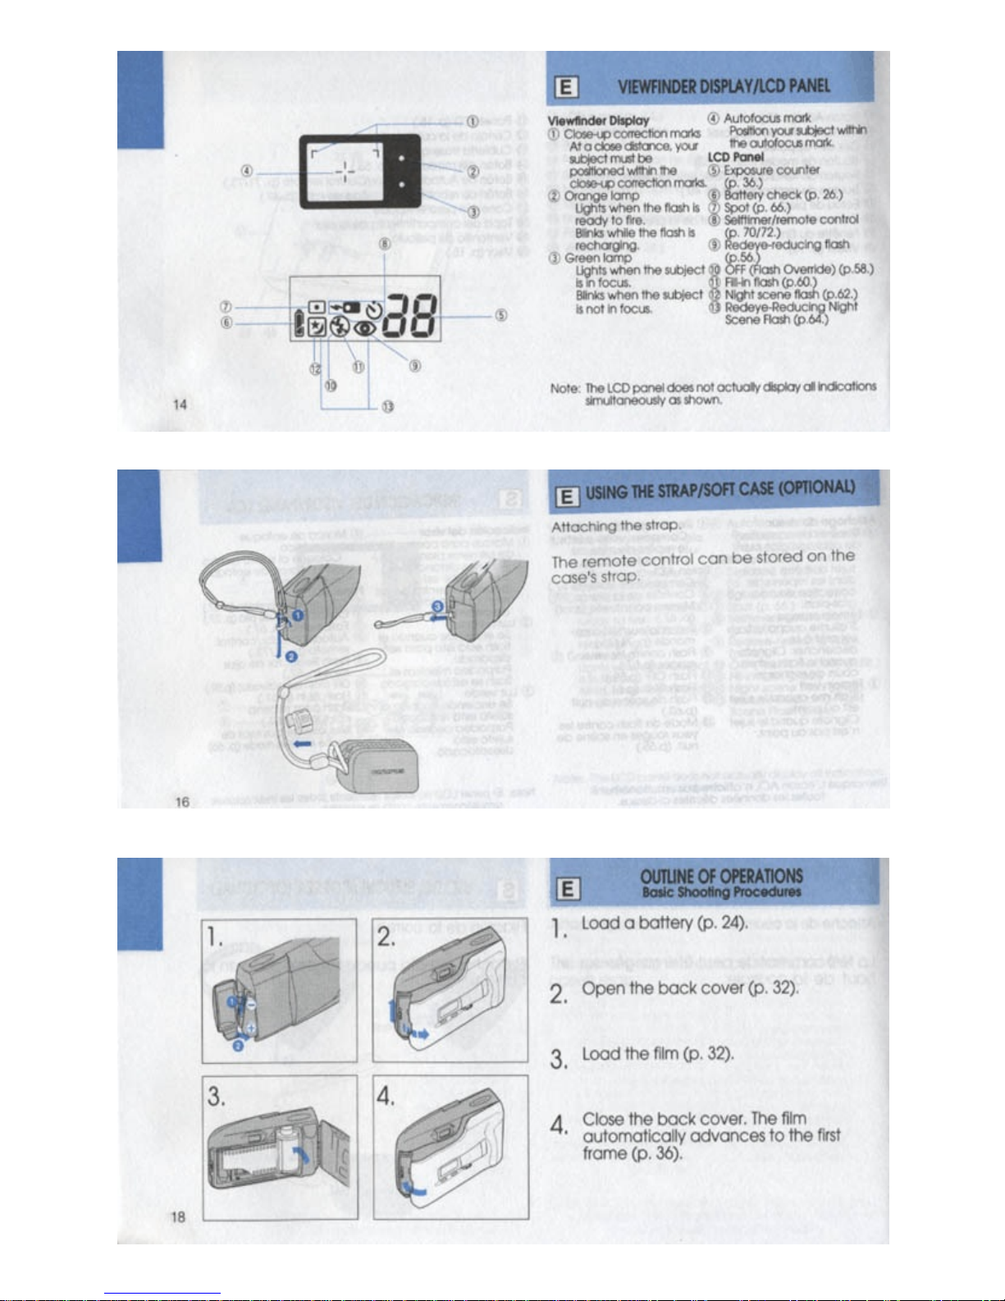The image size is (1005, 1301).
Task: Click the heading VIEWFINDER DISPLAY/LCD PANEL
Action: click(x=724, y=86)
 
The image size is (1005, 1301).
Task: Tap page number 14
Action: click(x=180, y=404)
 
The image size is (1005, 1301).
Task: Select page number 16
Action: click(x=182, y=801)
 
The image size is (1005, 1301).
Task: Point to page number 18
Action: click(x=178, y=1216)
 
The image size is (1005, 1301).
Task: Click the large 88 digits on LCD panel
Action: click(x=413, y=317)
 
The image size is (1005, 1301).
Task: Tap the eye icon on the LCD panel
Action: click(x=364, y=328)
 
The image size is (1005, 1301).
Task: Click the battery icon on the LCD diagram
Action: click(x=299, y=320)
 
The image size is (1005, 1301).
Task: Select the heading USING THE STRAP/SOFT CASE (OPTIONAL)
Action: click(x=720, y=491)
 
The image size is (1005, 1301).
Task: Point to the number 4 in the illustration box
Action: click(x=386, y=1097)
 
